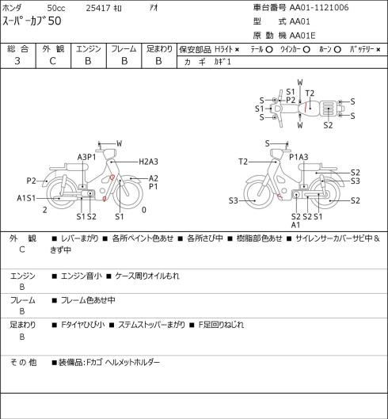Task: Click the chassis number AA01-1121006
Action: pos(319,7)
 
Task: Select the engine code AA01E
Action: pos(302,36)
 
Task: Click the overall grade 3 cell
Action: pos(17,61)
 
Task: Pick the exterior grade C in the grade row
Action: pos(52,61)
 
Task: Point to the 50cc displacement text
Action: pos(56,8)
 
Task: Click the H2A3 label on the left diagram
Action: pos(148,162)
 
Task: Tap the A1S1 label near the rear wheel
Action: pos(26,198)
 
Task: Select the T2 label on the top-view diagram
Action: pos(310,93)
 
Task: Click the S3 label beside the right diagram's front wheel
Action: pos(234,200)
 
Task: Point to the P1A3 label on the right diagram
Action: pos(299,157)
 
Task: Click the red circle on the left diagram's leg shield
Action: pos(112,177)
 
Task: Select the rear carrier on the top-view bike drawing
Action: pos(328,109)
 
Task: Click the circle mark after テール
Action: pos(269,50)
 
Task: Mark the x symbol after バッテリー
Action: pos(378,50)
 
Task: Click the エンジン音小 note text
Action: pos(82,276)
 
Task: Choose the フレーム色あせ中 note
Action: pos(88,300)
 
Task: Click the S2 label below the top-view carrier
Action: pos(328,125)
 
